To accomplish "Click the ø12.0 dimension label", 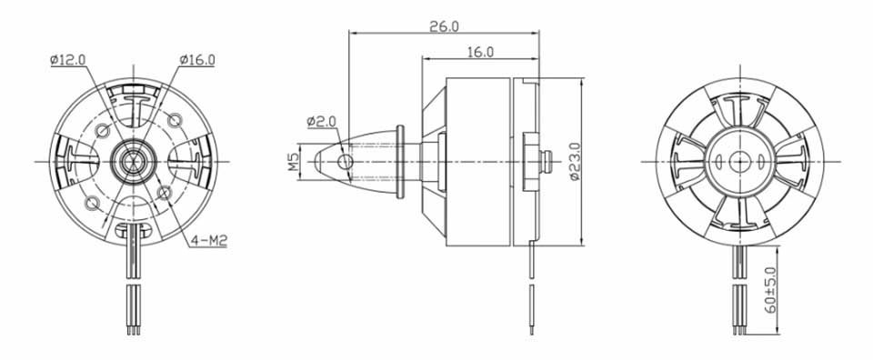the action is click(x=67, y=59).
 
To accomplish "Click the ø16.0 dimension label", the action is click(x=197, y=59).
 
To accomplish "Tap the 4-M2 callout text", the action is click(x=209, y=240).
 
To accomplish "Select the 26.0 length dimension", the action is click(x=444, y=26).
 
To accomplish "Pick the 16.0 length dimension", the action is click(x=480, y=52).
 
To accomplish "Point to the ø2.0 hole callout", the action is click(x=322, y=121).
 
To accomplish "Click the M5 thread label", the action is click(x=294, y=162).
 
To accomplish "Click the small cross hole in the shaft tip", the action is click(x=346, y=162).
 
